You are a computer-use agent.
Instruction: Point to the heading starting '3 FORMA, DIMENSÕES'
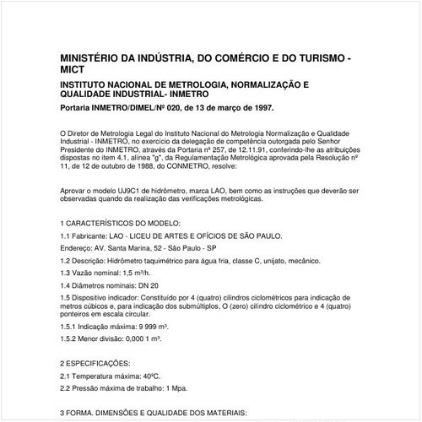pos(153,414)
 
